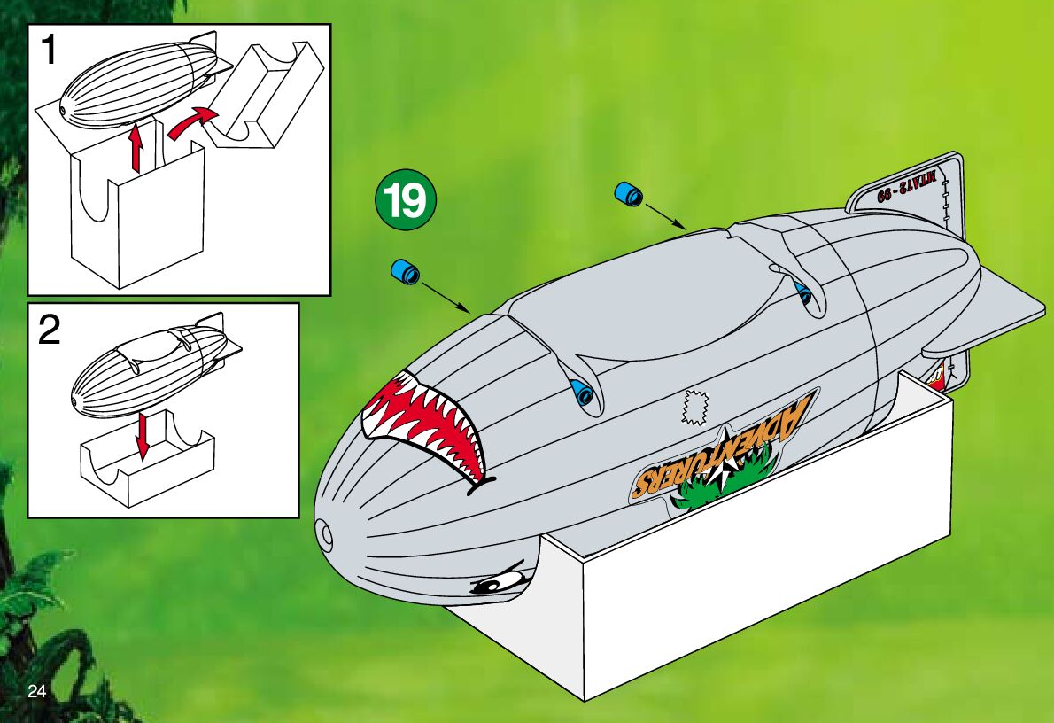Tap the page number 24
coord(36,691)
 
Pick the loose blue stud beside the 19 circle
coord(406,271)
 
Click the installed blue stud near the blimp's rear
coord(803,293)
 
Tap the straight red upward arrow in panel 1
coord(136,146)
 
